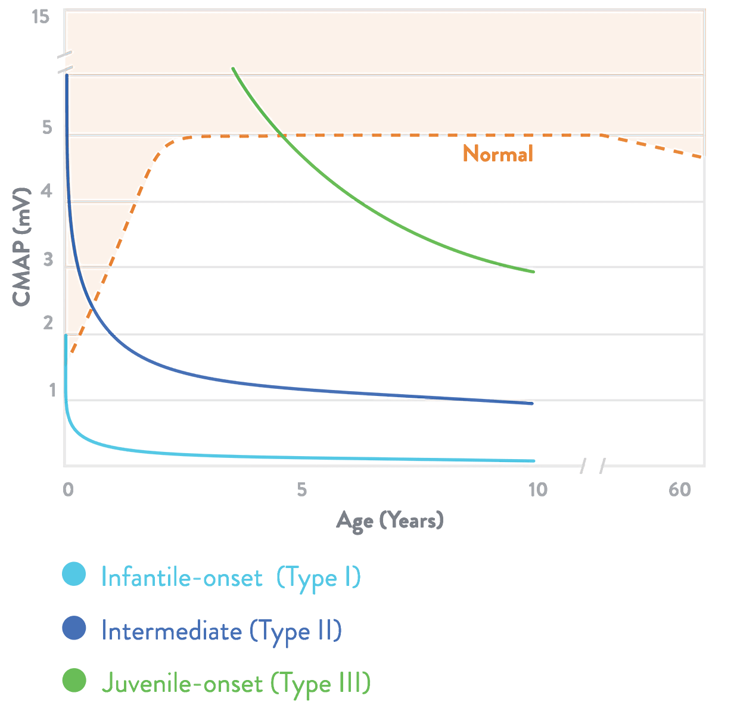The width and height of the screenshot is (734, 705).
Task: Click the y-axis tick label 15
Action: tap(41, 17)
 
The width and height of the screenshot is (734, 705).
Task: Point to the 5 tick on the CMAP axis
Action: tap(48, 127)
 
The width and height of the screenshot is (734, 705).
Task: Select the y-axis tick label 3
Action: tap(48, 259)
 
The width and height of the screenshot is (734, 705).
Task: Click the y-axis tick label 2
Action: tap(48, 323)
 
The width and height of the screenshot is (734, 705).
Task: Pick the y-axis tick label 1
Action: tap(51, 390)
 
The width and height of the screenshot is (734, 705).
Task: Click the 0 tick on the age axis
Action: tap(69, 489)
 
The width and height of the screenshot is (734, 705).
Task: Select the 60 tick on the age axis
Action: tap(679, 489)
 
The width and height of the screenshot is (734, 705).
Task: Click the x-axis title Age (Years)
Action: tap(390, 520)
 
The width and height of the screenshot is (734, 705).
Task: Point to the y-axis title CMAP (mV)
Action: tap(21, 247)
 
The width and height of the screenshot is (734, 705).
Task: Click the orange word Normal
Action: tap(497, 154)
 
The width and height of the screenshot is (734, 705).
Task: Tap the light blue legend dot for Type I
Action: tap(74, 575)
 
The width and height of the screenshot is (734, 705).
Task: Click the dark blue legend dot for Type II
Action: tap(74, 628)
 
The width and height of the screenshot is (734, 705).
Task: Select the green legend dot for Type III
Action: tap(74, 681)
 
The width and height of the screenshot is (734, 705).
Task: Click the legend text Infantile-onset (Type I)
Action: tap(231, 578)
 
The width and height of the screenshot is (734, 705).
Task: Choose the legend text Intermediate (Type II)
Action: tap(221, 631)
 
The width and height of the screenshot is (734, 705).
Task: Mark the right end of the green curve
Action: tap(532, 272)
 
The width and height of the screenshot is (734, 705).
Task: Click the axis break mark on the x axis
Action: tap(593, 466)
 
